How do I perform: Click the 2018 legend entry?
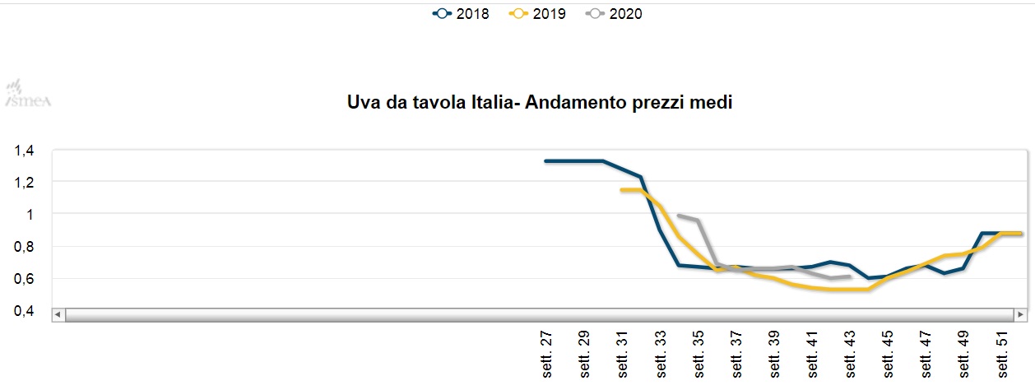point(461,14)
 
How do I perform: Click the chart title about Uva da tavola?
point(540,103)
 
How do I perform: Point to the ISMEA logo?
point(28,94)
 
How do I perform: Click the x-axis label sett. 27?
point(548,354)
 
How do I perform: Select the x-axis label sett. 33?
point(661,354)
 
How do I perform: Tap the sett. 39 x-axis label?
point(775,354)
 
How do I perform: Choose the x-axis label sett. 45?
point(889,354)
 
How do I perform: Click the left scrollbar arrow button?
point(58,314)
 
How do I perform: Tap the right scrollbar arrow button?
point(1020,314)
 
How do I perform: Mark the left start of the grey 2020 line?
point(678,216)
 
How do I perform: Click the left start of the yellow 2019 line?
point(621,190)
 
